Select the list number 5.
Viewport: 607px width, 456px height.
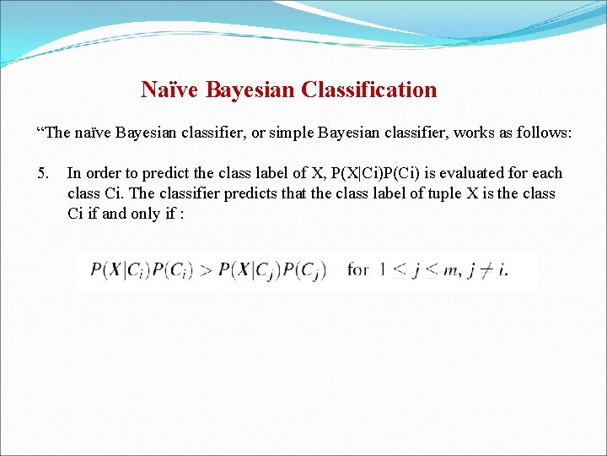44,173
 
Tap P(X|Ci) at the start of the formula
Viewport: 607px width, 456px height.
117,270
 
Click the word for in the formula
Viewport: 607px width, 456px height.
358,270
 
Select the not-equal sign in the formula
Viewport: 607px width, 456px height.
487,270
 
